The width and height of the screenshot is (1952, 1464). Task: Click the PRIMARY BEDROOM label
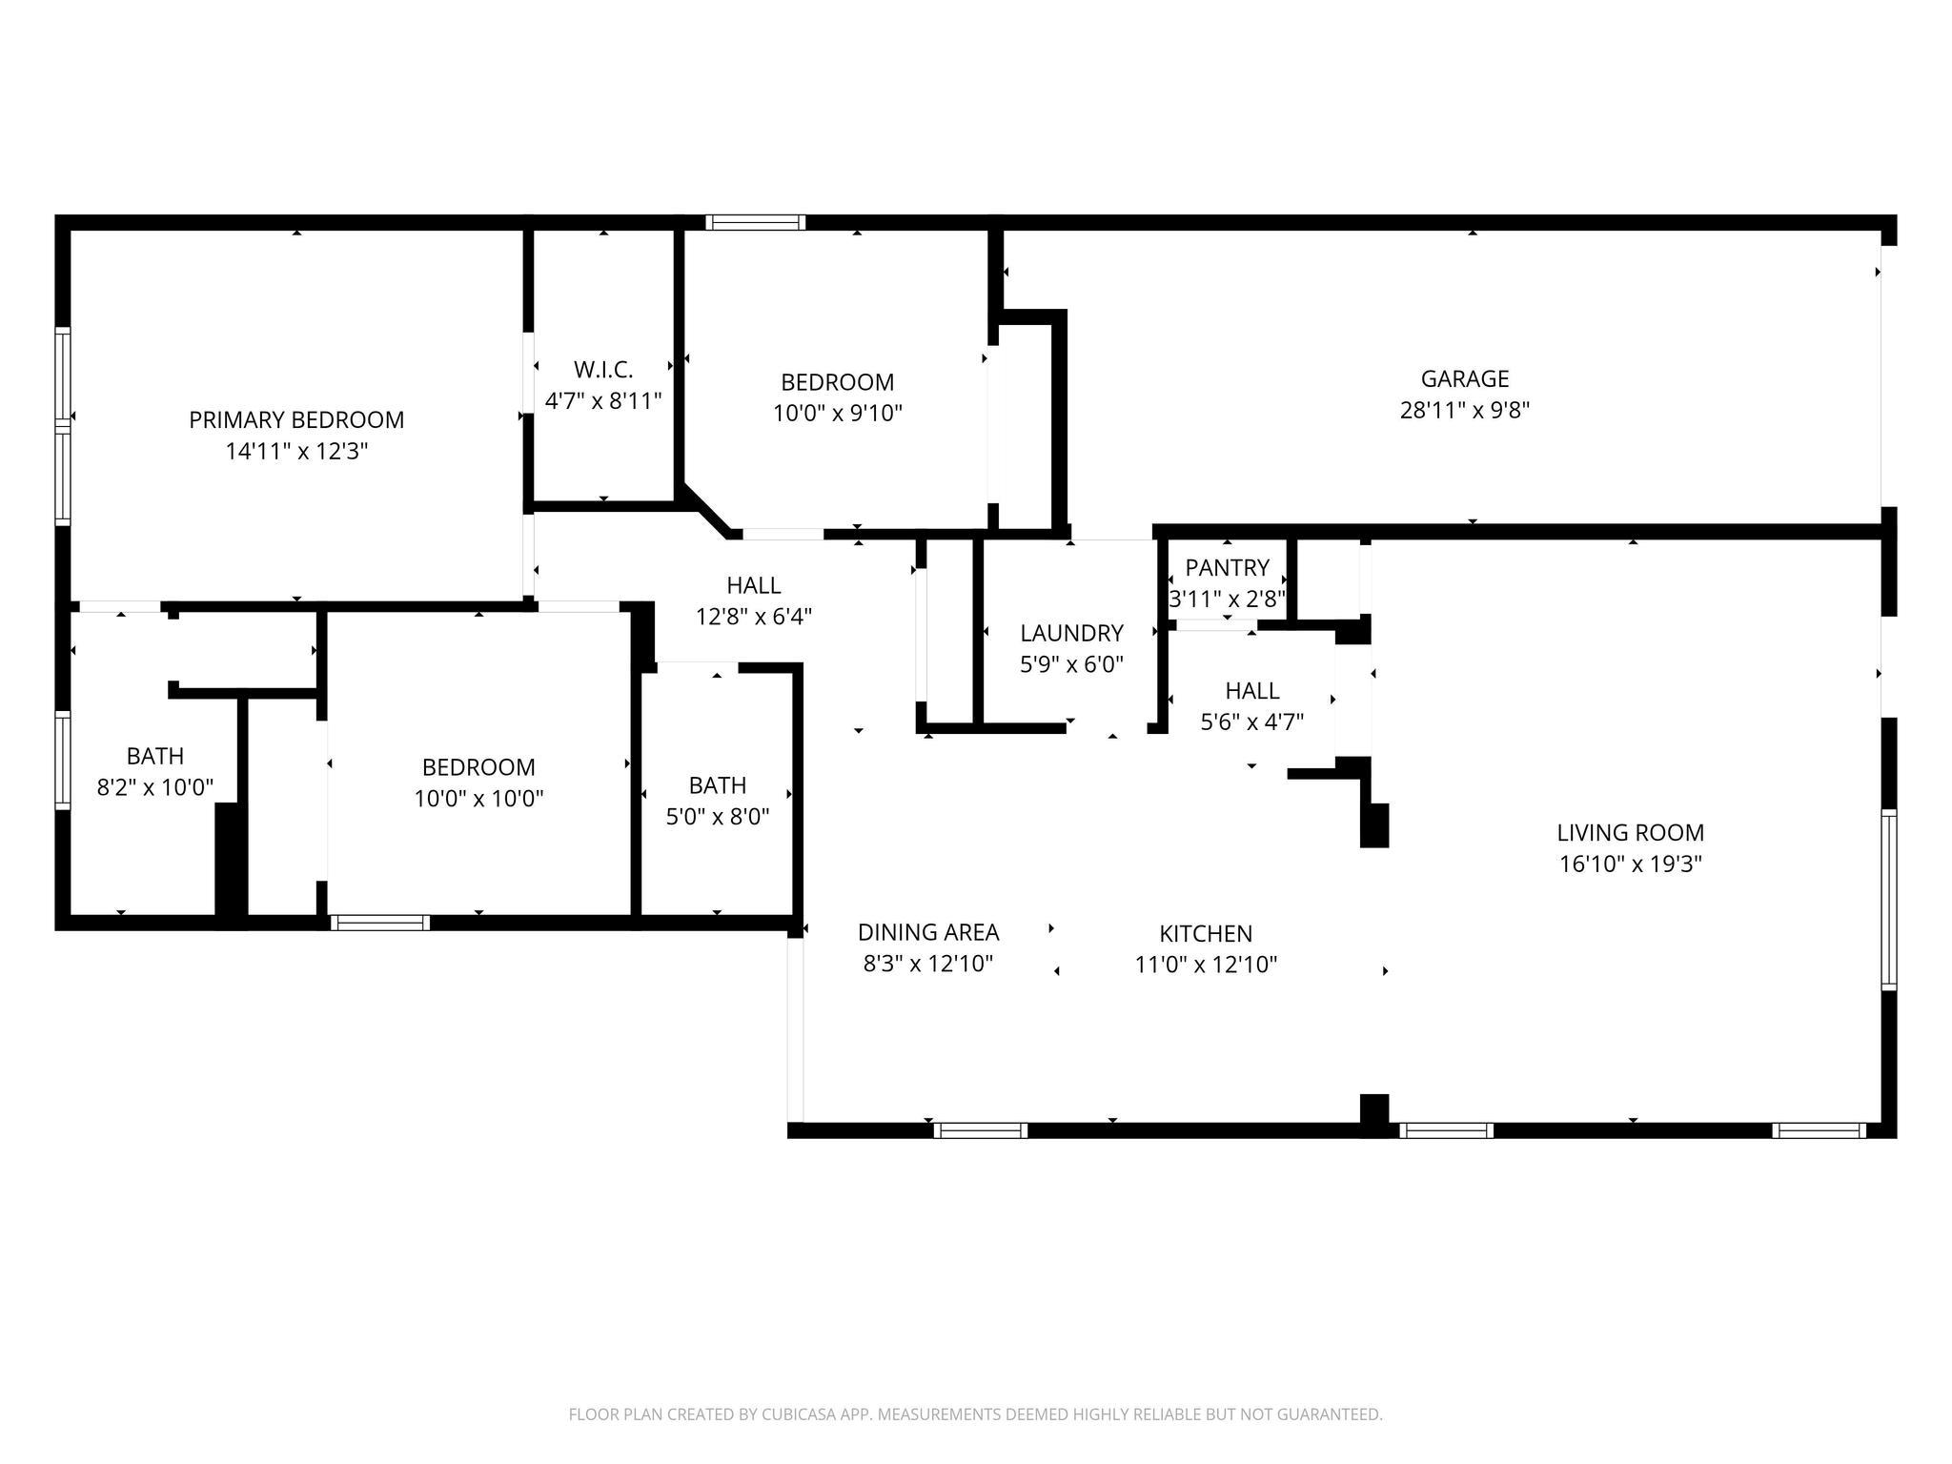(x=296, y=419)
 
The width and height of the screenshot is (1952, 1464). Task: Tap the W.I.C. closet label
(x=602, y=369)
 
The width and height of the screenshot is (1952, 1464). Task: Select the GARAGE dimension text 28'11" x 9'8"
(x=1464, y=411)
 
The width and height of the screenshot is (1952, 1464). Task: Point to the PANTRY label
(x=1227, y=568)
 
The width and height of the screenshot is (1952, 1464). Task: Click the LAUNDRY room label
(x=1071, y=633)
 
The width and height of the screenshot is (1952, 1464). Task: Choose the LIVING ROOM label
(x=1630, y=832)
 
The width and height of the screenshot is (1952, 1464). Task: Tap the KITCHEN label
(x=1205, y=933)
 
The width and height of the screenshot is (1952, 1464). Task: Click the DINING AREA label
(x=927, y=932)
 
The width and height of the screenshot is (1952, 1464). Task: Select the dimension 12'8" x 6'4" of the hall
(x=753, y=617)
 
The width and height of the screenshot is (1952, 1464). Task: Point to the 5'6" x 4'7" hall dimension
(x=1251, y=722)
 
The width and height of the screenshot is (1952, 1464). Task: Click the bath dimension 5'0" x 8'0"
(x=717, y=816)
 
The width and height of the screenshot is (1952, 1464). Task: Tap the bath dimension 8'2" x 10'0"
(x=154, y=787)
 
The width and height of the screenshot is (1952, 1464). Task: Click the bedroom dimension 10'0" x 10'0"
(x=478, y=799)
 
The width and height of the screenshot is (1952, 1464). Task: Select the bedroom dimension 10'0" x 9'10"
(x=837, y=414)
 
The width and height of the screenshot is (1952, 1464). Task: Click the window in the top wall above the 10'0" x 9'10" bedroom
(x=755, y=223)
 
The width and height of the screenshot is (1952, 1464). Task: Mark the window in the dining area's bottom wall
(x=980, y=1130)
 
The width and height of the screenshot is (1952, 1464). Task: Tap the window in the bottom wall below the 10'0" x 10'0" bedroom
(x=379, y=923)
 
